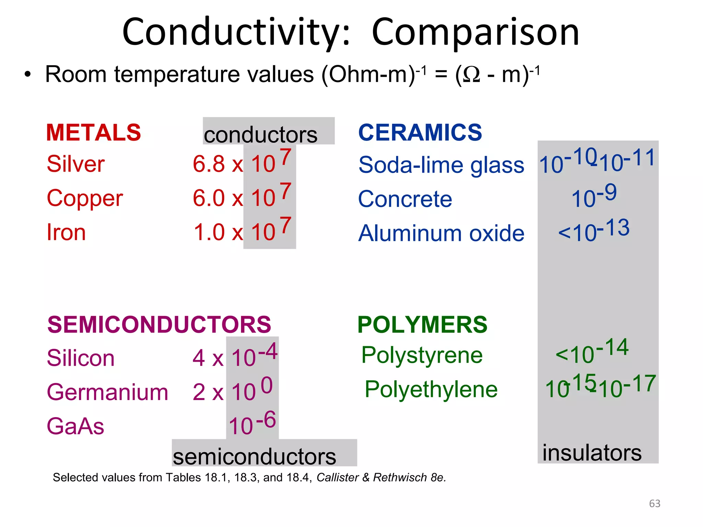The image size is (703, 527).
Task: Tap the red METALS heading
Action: [x=93, y=132]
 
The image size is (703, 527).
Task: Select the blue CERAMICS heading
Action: [x=420, y=132]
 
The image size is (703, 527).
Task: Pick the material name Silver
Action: [x=76, y=164]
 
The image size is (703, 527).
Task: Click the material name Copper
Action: [x=85, y=198]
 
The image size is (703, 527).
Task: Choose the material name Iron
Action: [x=66, y=232]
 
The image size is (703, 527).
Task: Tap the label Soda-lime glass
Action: [x=441, y=165]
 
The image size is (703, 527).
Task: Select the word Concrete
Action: [x=405, y=199]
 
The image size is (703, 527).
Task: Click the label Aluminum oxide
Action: [x=441, y=233]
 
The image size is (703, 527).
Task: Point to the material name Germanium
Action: [x=107, y=392]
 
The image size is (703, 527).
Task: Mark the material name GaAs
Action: [x=75, y=426]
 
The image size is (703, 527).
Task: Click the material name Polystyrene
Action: [x=422, y=355]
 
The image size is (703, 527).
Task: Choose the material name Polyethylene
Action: [x=431, y=389]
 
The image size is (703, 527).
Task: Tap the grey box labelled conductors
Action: [x=268, y=131]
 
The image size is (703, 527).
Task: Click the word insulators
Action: [x=592, y=453]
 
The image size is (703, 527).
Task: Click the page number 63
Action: [x=655, y=503]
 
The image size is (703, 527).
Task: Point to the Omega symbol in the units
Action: [x=472, y=75]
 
